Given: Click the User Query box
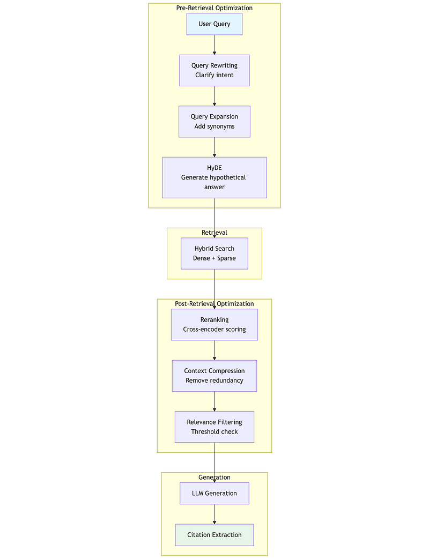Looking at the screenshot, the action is click(214, 24).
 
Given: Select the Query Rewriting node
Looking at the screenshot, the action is click(214, 70).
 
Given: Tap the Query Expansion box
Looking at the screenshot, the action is click(214, 121).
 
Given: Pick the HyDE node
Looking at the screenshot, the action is click(214, 177).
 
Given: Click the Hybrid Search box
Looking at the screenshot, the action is click(214, 254).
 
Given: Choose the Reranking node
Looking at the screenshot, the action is click(214, 324).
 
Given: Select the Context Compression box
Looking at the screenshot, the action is click(214, 376).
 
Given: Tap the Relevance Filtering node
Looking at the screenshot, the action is click(214, 427).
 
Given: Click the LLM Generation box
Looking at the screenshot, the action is click(214, 494).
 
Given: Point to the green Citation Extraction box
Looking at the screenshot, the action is click(214, 535).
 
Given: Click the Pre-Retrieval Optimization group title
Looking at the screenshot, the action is click(214, 8).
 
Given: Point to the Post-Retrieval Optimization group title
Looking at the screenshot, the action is click(214, 304).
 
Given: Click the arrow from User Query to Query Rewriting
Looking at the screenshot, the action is click(214, 45).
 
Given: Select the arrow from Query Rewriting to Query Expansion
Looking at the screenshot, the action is click(214, 96).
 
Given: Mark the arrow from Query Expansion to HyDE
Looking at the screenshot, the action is click(214, 147).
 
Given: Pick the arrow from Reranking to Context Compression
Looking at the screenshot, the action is click(214, 350).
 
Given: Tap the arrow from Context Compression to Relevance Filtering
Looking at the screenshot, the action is click(214, 401).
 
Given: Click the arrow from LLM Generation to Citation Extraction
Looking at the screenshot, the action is click(214, 514).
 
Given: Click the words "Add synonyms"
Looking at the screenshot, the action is click(214, 126).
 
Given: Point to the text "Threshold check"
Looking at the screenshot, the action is click(214, 432).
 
